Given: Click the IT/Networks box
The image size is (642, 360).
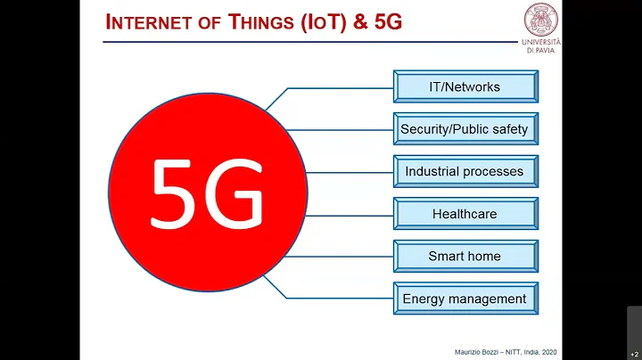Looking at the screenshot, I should (x=465, y=87).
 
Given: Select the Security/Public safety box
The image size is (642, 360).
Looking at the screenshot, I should (x=465, y=129).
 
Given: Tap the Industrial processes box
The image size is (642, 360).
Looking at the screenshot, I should (x=465, y=171).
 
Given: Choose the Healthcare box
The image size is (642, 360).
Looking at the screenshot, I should (x=465, y=214).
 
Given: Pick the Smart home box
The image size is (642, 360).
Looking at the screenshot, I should (x=465, y=256).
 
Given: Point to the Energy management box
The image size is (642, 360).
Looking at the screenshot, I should (x=465, y=299).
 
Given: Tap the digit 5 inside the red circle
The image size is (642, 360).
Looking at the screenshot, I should (x=176, y=192).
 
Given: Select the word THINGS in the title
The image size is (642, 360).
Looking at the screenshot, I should (x=263, y=22).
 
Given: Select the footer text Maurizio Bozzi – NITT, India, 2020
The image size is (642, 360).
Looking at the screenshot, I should (x=495, y=350).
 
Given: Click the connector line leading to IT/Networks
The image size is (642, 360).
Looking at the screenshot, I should (x=339, y=88).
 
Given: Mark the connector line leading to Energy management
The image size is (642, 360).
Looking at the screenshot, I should (x=339, y=299).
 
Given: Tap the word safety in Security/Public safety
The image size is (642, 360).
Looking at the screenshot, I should (x=508, y=129).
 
